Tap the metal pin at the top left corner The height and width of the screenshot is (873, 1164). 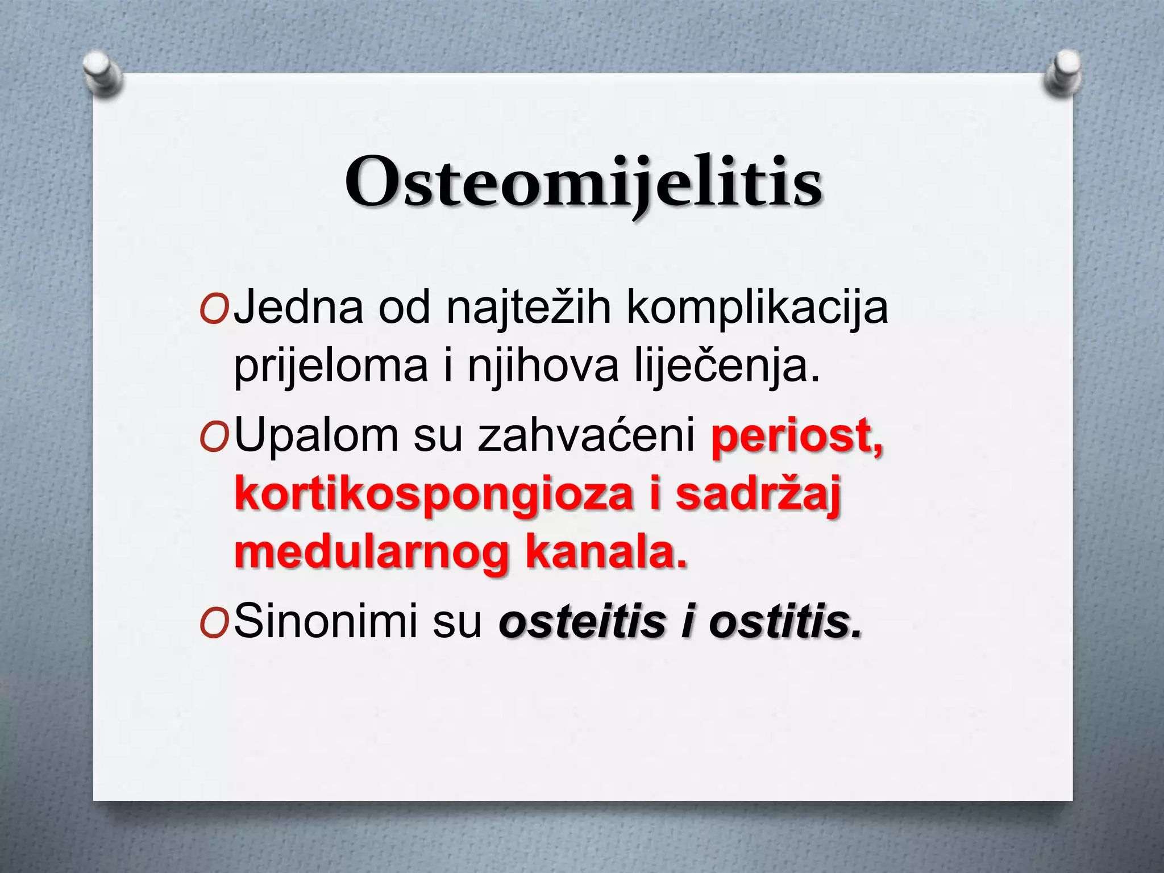(102, 73)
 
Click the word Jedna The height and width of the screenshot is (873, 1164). (298, 307)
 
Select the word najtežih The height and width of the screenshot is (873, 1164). (528, 307)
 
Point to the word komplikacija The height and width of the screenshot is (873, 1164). (756, 307)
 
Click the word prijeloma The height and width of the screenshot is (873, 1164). (330, 367)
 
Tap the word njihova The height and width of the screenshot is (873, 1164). (543, 367)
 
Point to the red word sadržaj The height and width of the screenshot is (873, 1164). (758, 494)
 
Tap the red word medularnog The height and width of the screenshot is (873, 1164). (371, 554)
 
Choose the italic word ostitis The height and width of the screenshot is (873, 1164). (785, 621)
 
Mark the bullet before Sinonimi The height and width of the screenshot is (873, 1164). (214, 623)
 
